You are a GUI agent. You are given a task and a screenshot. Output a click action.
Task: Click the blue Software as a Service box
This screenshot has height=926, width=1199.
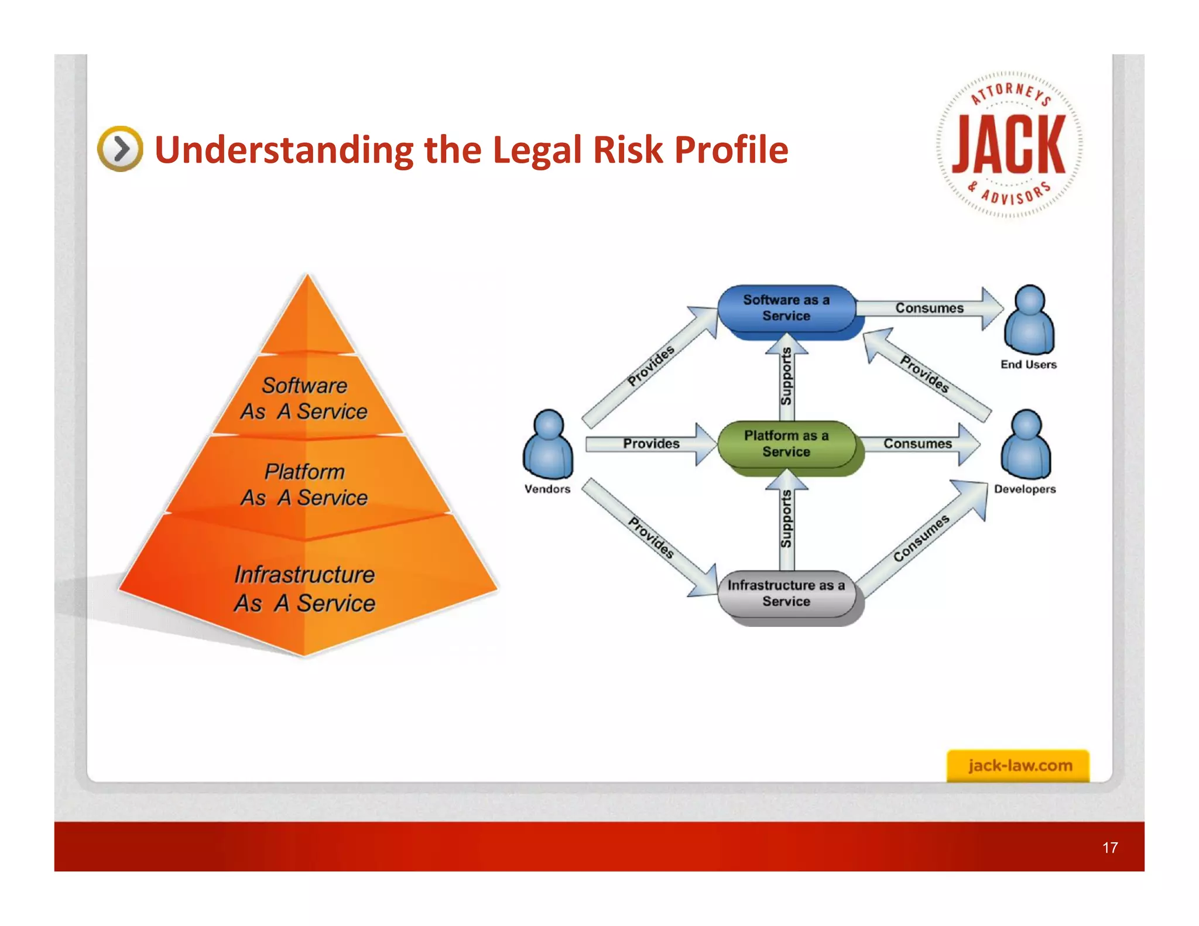786,308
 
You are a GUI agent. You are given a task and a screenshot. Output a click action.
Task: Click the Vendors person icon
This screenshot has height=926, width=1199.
548,445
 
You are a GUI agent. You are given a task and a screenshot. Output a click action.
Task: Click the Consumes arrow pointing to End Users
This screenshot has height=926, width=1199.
930,308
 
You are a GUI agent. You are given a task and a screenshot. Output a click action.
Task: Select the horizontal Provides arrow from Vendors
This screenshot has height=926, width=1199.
651,444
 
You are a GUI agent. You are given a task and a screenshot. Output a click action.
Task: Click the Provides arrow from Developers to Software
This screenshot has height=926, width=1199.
925,375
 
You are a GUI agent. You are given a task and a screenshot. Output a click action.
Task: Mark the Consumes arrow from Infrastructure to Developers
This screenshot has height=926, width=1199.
922,539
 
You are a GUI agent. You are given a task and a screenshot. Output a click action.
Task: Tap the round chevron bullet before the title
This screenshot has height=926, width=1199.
120,149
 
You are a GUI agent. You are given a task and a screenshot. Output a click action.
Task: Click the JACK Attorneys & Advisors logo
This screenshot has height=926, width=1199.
1009,145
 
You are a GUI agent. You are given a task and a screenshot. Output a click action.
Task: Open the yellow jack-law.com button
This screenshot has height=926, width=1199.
1018,766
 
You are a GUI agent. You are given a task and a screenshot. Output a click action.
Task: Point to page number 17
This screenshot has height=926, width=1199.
1110,847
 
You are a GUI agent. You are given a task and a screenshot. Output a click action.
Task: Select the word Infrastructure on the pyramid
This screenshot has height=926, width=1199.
304,575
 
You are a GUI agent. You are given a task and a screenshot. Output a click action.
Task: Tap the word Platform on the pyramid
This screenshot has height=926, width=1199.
304,472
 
